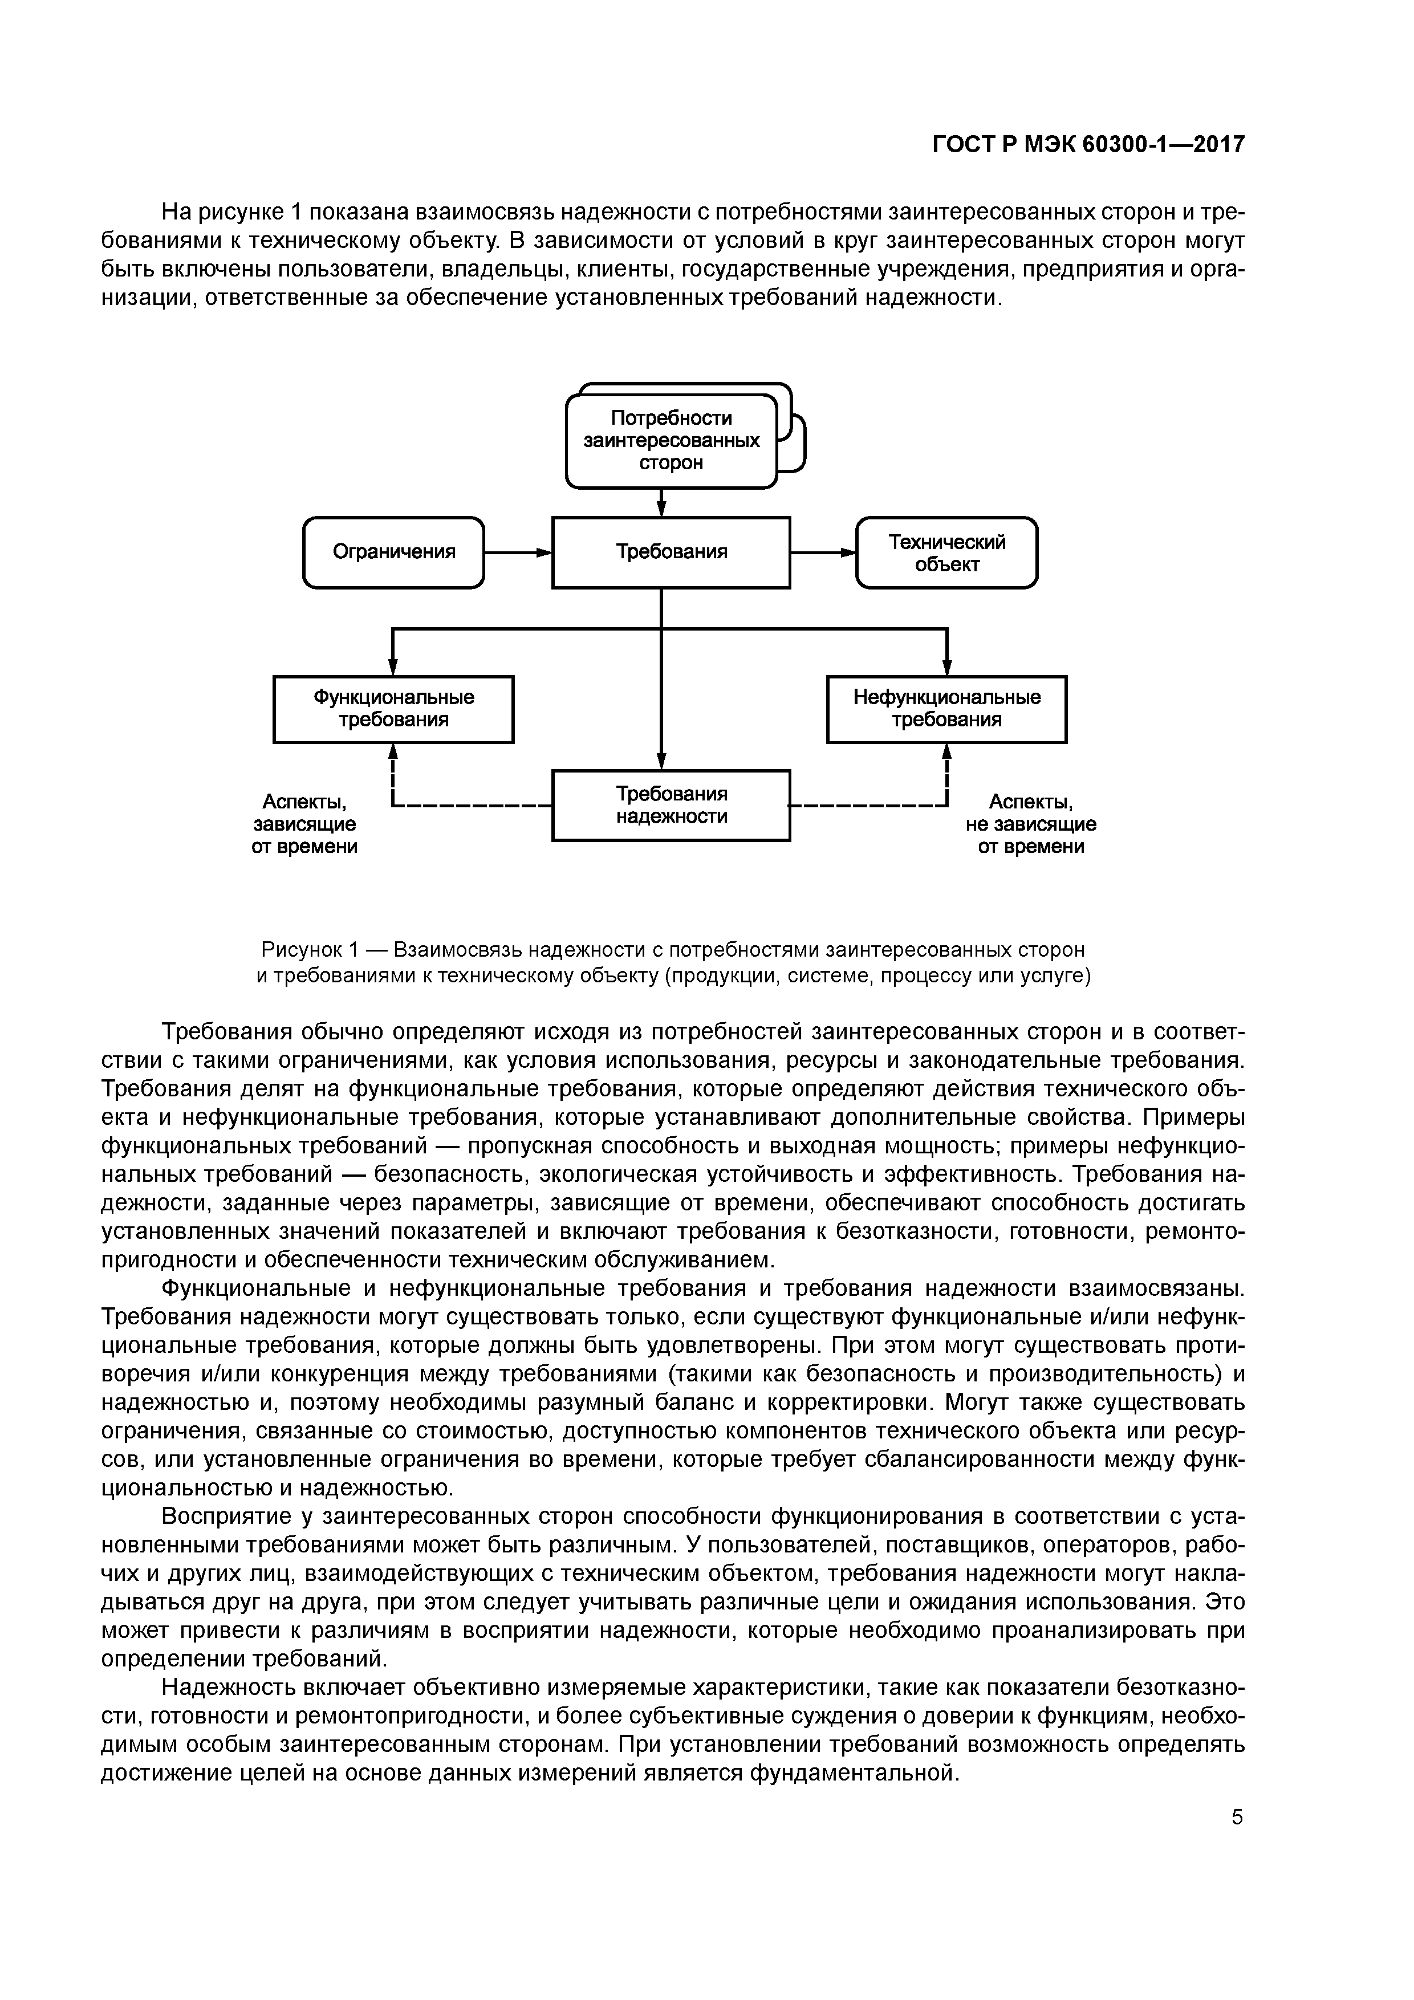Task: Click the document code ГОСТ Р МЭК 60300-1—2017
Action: click(1088, 144)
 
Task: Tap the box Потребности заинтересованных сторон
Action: click(671, 441)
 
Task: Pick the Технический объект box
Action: click(947, 552)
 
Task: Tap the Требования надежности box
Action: click(671, 805)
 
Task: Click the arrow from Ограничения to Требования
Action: click(518, 552)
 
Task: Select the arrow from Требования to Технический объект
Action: click(823, 552)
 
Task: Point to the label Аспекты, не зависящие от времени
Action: click(1031, 823)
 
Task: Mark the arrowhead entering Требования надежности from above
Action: click(661, 761)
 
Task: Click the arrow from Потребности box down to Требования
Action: click(661, 503)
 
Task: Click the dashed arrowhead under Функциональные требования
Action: click(394, 752)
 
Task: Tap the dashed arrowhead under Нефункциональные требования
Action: click(947, 752)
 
